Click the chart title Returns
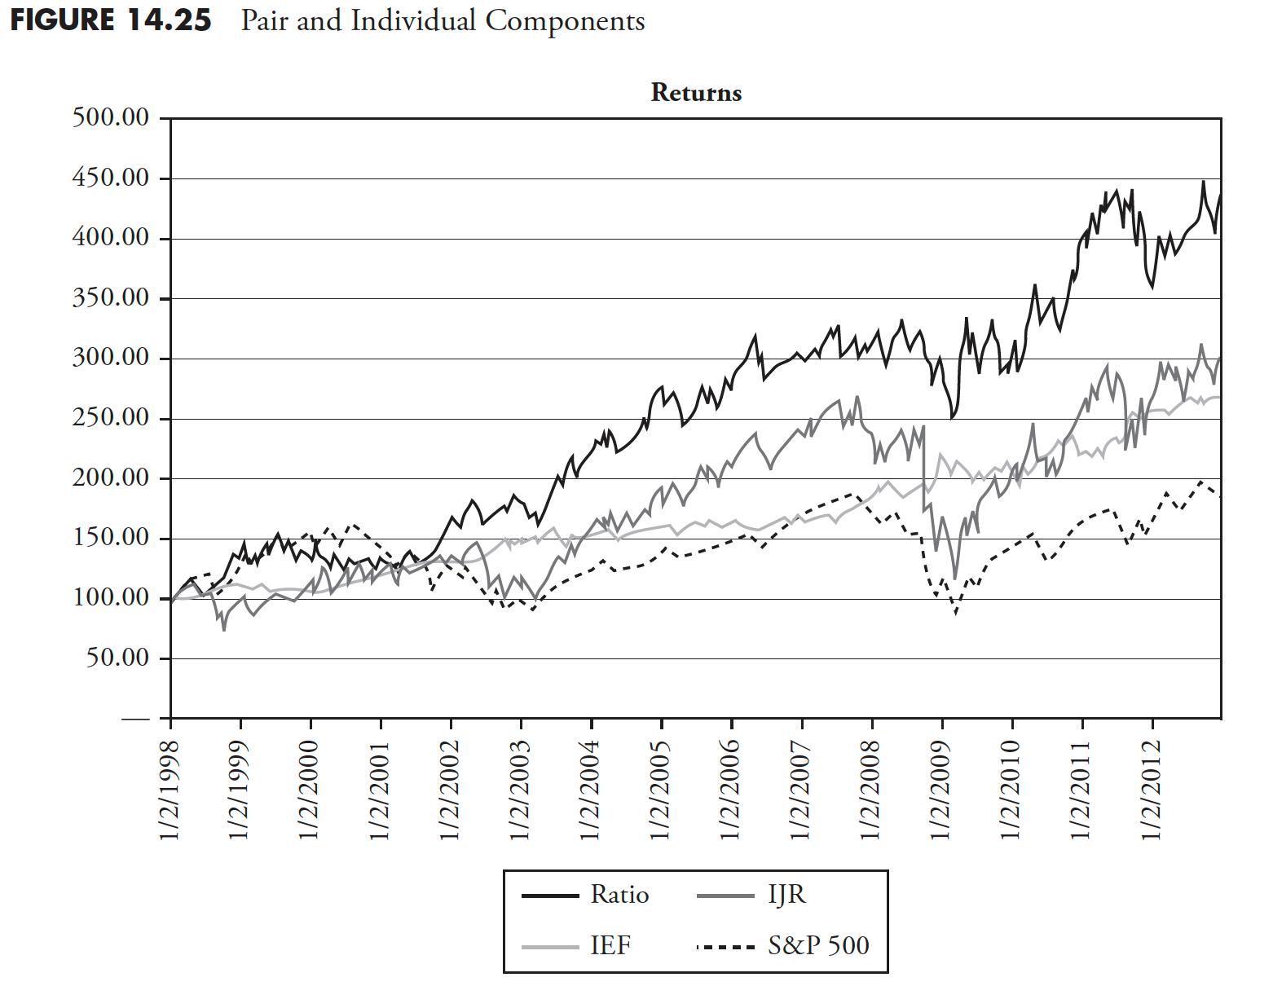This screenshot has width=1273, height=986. pyautogui.click(x=696, y=93)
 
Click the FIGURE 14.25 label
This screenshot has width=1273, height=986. pyautogui.click(x=111, y=20)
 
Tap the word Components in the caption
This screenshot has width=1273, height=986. pyautogui.click(x=565, y=20)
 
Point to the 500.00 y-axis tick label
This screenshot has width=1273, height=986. pyautogui.click(x=111, y=118)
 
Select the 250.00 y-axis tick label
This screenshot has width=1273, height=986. pyautogui.click(x=111, y=419)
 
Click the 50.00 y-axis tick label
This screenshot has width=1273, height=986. pyautogui.click(x=118, y=658)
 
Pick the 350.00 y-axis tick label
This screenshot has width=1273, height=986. pyautogui.click(x=111, y=298)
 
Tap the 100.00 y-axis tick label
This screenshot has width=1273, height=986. pyautogui.click(x=111, y=598)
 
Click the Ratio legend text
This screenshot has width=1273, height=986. pyautogui.click(x=619, y=895)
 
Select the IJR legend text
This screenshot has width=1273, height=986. pyautogui.click(x=786, y=895)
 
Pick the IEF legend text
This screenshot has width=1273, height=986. pyautogui.click(x=610, y=945)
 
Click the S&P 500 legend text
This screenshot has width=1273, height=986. pyautogui.click(x=818, y=945)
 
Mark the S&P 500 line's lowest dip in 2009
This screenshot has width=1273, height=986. pyautogui.click(x=956, y=613)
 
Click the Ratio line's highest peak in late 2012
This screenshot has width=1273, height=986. pyautogui.click(x=1203, y=182)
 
